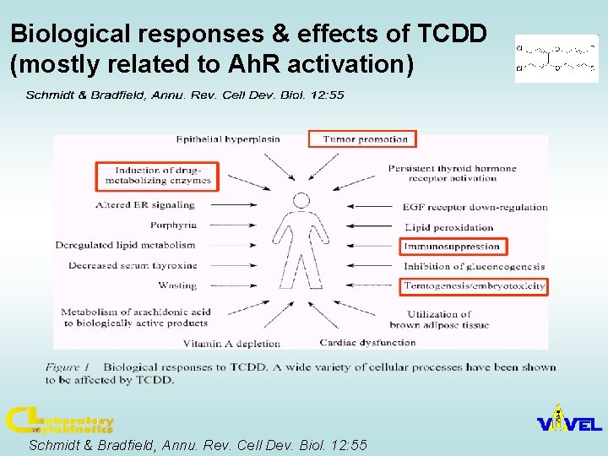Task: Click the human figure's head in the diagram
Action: tap(301, 200)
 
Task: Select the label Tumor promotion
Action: tap(365, 139)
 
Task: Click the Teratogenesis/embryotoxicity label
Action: tap(473, 286)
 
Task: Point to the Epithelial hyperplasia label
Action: tap(228, 139)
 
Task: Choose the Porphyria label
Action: tap(173, 225)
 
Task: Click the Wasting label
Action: tap(177, 285)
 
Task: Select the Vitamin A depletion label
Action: tap(231, 344)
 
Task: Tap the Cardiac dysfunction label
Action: tap(367, 343)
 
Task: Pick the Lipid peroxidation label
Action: tap(449, 227)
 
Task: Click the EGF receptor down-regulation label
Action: tap(475, 207)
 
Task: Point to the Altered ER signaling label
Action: tap(145, 204)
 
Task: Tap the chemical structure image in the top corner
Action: tap(556, 58)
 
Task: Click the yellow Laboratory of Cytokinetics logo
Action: tap(59, 421)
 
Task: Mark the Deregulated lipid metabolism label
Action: tap(125, 245)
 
